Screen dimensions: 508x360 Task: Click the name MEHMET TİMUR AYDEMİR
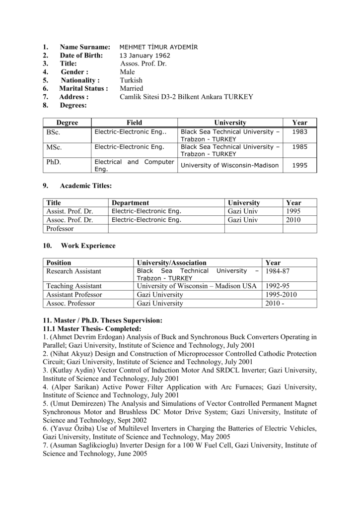click(x=158, y=47)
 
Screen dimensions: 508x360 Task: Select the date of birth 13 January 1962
click(x=144, y=56)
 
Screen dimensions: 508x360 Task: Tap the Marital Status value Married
click(x=132, y=88)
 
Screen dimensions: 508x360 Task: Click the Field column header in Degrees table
click(x=134, y=123)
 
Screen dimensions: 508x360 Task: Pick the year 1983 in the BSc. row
click(x=299, y=132)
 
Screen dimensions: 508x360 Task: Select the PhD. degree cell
click(x=53, y=162)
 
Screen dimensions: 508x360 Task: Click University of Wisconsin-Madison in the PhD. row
click(x=229, y=166)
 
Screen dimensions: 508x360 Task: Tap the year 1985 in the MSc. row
click(x=299, y=147)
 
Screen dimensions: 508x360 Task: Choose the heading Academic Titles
click(x=85, y=186)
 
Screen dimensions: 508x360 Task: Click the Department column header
click(x=130, y=203)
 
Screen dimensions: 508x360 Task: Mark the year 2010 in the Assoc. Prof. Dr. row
click(x=293, y=220)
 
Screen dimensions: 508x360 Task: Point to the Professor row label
click(x=60, y=229)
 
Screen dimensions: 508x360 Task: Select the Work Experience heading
click(x=88, y=246)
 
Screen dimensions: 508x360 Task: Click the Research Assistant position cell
click(x=73, y=271)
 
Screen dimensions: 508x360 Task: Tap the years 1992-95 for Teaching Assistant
click(x=278, y=286)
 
